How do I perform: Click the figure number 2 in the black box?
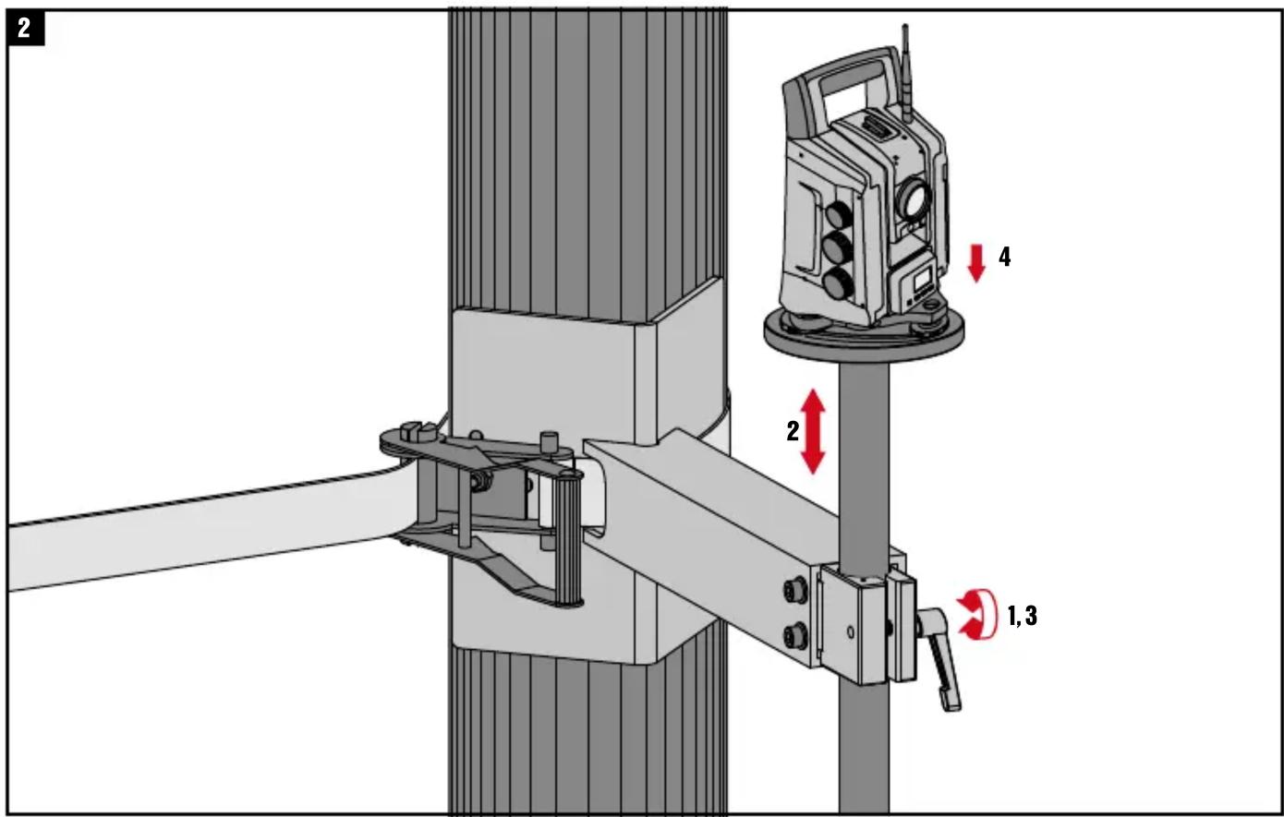pyautogui.click(x=24, y=28)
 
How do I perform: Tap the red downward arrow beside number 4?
pyautogui.click(x=976, y=263)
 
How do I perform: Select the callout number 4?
pyautogui.click(x=1005, y=258)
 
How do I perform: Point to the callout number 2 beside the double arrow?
pyautogui.click(x=793, y=431)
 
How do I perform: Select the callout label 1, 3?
pyautogui.click(x=1024, y=616)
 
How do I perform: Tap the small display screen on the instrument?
pyautogui.click(x=922, y=282)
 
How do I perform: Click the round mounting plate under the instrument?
pyautogui.click(x=864, y=336)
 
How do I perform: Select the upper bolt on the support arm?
pyautogui.click(x=796, y=590)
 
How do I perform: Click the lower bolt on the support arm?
pyautogui.click(x=796, y=636)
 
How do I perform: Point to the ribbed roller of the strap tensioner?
pyautogui.click(x=569, y=538)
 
